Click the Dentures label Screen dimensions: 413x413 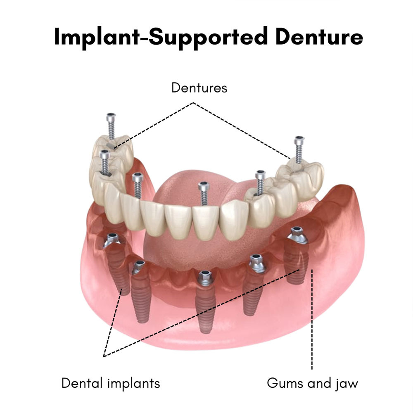pyautogui.click(x=199, y=88)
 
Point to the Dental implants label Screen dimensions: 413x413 pyautogui.click(x=110, y=383)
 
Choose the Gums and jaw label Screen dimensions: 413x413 pyautogui.click(x=312, y=383)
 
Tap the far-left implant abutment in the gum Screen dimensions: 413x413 pyautogui.click(x=112, y=240)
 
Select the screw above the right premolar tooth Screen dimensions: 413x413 pyautogui.click(x=260, y=182)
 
